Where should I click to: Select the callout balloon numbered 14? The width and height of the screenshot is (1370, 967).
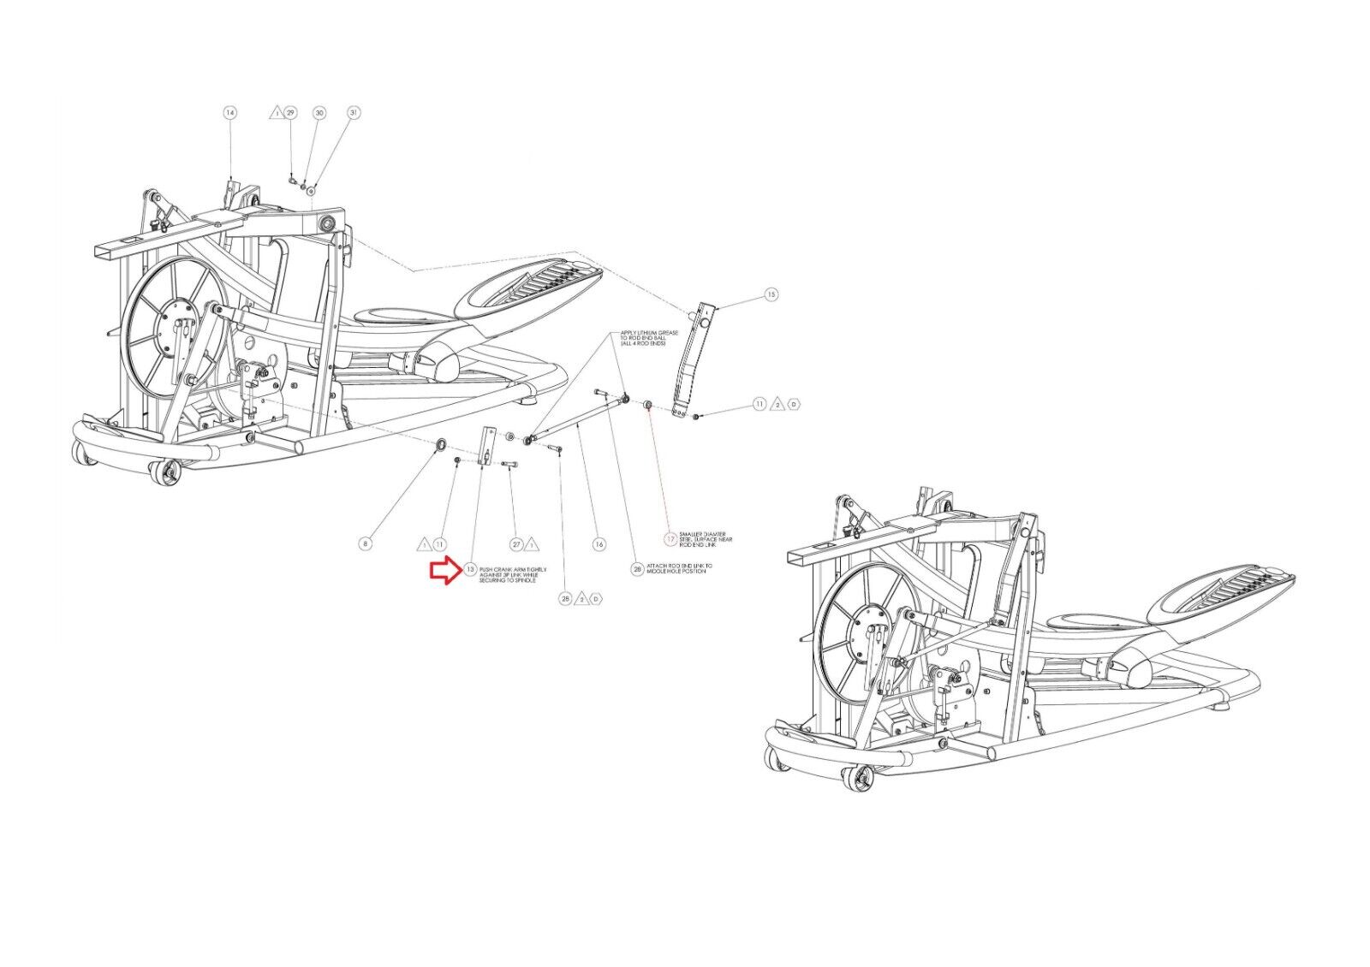point(229,113)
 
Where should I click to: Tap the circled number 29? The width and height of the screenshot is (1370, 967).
point(290,113)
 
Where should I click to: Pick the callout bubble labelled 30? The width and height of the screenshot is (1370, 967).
point(319,113)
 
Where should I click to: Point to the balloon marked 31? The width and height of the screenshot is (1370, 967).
point(353,113)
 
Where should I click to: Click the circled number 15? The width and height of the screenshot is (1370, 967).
point(771,294)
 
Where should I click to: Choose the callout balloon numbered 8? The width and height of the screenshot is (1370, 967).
point(366,543)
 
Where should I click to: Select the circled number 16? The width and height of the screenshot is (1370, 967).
point(599,543)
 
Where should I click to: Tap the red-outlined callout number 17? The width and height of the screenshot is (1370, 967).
point(670,539)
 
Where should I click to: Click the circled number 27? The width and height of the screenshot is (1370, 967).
point(516,543)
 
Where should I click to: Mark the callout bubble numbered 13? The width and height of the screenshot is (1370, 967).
point(471,569)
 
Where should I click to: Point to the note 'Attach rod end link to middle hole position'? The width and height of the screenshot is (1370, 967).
point(682,568)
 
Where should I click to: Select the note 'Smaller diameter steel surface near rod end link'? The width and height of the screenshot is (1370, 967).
point(705,539)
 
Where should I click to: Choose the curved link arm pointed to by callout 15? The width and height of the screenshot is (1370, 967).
point(691,359)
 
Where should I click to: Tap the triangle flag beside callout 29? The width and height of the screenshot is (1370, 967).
point(276,113)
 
